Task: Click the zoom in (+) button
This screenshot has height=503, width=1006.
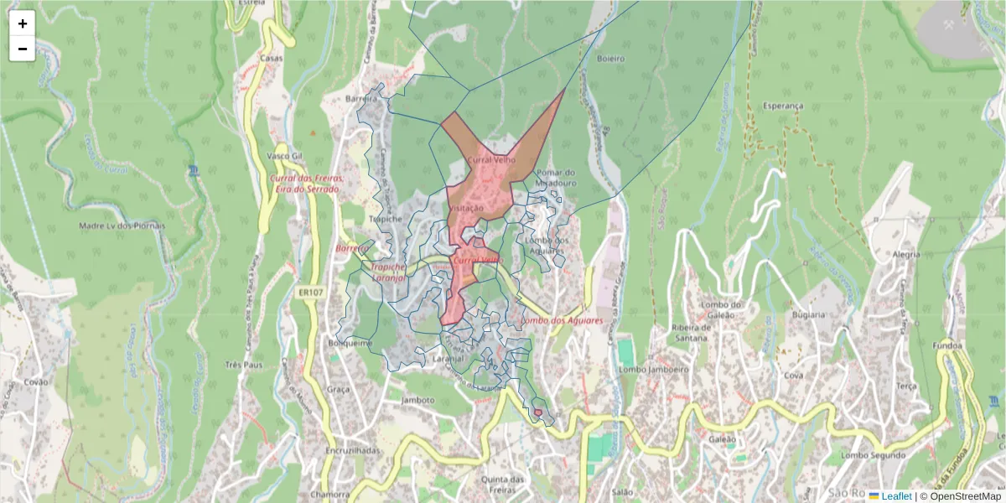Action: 23,23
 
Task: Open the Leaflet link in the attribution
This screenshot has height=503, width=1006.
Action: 895,496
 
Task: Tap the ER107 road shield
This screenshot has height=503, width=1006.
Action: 309,293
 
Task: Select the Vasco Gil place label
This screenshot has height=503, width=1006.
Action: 283,156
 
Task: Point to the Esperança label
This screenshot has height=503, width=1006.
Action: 783,106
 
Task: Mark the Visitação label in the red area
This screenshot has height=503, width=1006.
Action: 466,207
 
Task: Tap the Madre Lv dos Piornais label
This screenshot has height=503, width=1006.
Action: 122,226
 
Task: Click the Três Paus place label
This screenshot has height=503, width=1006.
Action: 245,366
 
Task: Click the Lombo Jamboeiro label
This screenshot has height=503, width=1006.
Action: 653,369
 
